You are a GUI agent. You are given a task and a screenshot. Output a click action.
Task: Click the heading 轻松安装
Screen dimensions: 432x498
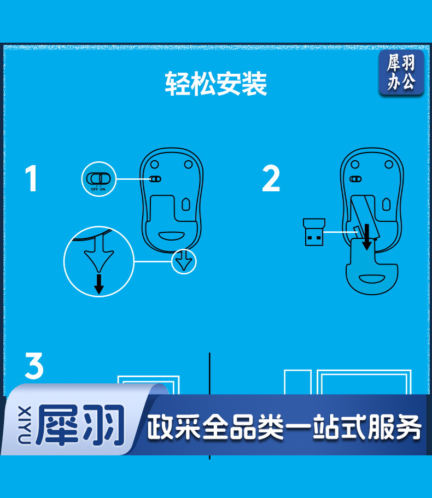point(216,84)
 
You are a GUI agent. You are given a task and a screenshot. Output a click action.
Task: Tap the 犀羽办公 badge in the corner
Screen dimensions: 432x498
point(401,72)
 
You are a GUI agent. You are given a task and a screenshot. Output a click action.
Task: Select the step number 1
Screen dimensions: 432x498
point(32,178)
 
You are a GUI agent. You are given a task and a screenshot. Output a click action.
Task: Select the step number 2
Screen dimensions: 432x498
point(271,178)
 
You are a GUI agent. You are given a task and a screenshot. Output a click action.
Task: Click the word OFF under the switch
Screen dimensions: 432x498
point(95,189)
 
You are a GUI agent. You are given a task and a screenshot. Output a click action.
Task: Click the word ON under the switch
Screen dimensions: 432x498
point(103,189)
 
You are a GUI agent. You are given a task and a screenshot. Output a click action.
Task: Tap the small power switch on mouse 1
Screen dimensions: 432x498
point(155,179)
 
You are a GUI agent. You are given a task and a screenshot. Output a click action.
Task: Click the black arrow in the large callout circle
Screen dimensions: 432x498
point(99,284)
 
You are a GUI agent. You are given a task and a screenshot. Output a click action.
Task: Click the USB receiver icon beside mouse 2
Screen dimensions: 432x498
point(314,232)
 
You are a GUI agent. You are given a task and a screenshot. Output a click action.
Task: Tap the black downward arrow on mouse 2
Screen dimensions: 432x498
point(367,237)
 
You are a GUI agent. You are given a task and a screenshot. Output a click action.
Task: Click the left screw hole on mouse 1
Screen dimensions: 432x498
point(155,165)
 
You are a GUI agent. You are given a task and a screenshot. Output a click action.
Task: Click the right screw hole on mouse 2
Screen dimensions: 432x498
point(389,165)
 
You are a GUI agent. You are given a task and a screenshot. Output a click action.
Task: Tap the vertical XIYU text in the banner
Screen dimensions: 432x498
point(25,425)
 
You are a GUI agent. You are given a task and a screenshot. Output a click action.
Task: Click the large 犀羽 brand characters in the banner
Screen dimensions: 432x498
point(80,425)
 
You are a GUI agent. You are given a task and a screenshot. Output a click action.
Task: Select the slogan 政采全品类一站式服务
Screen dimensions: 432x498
point(284,427)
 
